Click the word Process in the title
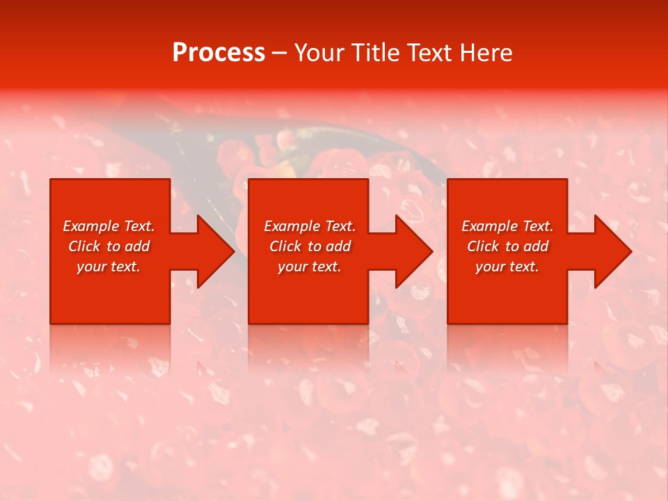(218, 53)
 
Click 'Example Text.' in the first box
(109, 226)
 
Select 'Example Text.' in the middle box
(309, 226)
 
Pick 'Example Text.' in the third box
(507, 226)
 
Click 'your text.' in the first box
(109, 267)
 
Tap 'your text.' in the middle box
(309, 267)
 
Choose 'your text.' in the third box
(507, 267)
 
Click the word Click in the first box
(84, 246)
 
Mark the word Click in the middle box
(285, 246)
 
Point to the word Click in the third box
(483, 246)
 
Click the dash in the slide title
(279, 53)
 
